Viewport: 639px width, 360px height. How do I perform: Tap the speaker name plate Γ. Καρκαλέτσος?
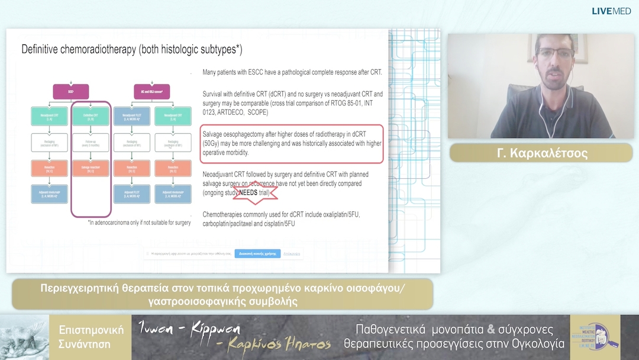tap(541, 153)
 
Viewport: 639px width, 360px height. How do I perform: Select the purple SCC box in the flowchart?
tap(70, 91)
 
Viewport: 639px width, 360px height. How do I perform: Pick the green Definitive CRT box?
tap(91, 116)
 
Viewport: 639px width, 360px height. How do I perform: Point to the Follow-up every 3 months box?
tap(91, 142)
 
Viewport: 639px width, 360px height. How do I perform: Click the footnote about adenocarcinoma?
tap(139, 223)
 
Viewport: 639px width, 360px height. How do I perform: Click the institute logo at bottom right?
tap(595, 337)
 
